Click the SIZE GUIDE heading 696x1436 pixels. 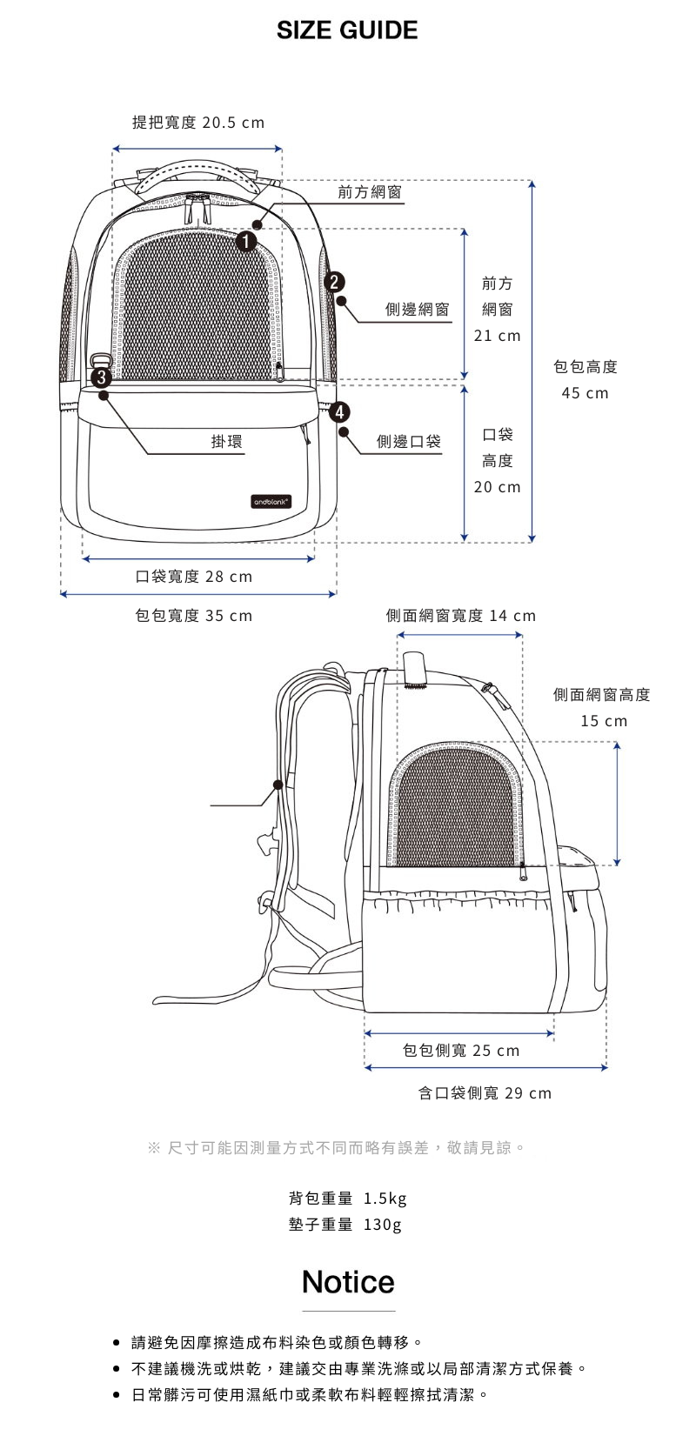pyautogui.click(x=347, y=30)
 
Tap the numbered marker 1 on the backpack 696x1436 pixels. pyautogui.click(x=246, y=241)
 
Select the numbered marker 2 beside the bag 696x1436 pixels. pyautogui.click(x=334, y=282)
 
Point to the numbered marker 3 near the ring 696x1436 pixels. pyautogui.click(x=101, y=377)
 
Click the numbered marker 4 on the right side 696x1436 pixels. pyautogui.click(x=339, y=411)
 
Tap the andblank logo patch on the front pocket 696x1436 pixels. pyautogui.click(x=271, y=502)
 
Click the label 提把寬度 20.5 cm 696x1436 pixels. pyautogui.click(x=198, y=123)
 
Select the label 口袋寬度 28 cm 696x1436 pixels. pyautogui.click(x=194, y=577)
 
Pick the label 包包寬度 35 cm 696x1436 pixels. pyautogui.click(x=194, y=616)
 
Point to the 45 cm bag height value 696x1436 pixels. pyautogui.click(x=585, y=393)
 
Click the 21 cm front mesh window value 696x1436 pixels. pyautogui.click(x=497, y=335)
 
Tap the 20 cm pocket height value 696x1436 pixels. pyautogui.click(x=497, y=486)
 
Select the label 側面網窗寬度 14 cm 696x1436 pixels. pyautogui.click(x=460, y=616)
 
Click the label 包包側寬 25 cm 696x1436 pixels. pyautogui.click(x=460, y=1050)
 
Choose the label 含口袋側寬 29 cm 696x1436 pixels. pyautogui.click(x=485, y=1092)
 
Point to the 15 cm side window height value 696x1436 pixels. pyautogui.click(x=604, y=720)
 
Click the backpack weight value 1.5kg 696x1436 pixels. pyautogui.click(x=385, y=1199)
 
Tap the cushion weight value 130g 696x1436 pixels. pyautogui.click(x=382, y=1225)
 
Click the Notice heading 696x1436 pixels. pyautogui.click(x=348, y=1281)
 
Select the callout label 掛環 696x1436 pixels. pyautogui.click(x=227, y=441)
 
